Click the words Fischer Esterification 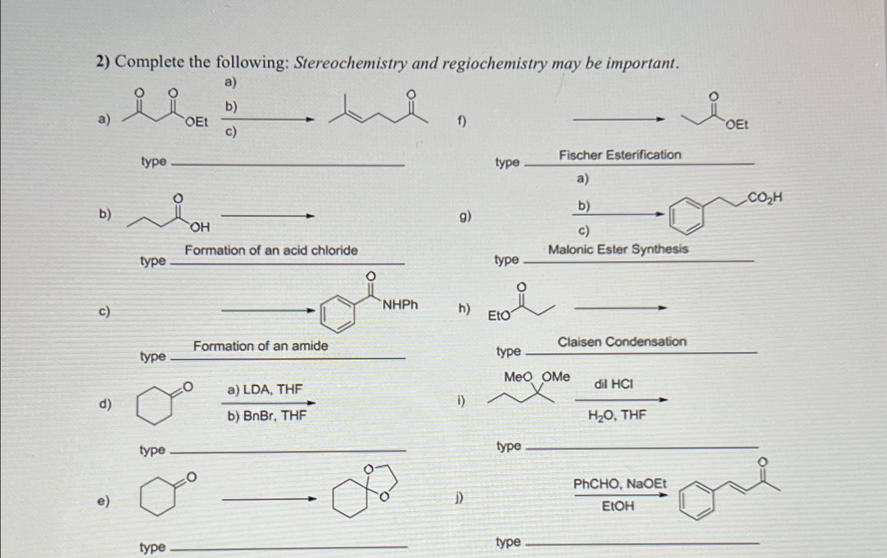(620, 155)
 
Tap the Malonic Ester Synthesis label (618, 249)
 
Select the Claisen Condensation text (622, 342)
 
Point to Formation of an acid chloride (271, 250)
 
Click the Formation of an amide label (261, 346)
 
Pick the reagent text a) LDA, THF (265, 389)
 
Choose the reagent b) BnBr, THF (267, 415)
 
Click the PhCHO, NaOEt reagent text (620, 483)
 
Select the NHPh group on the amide (400, 305)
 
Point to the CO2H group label (764, 198)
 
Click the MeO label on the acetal (518, 377)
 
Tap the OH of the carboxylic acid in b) (200, 228)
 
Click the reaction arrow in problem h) (620, 308)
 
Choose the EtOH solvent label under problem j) (618, 507)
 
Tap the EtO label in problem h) (498, 316)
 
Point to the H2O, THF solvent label (617, 415)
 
